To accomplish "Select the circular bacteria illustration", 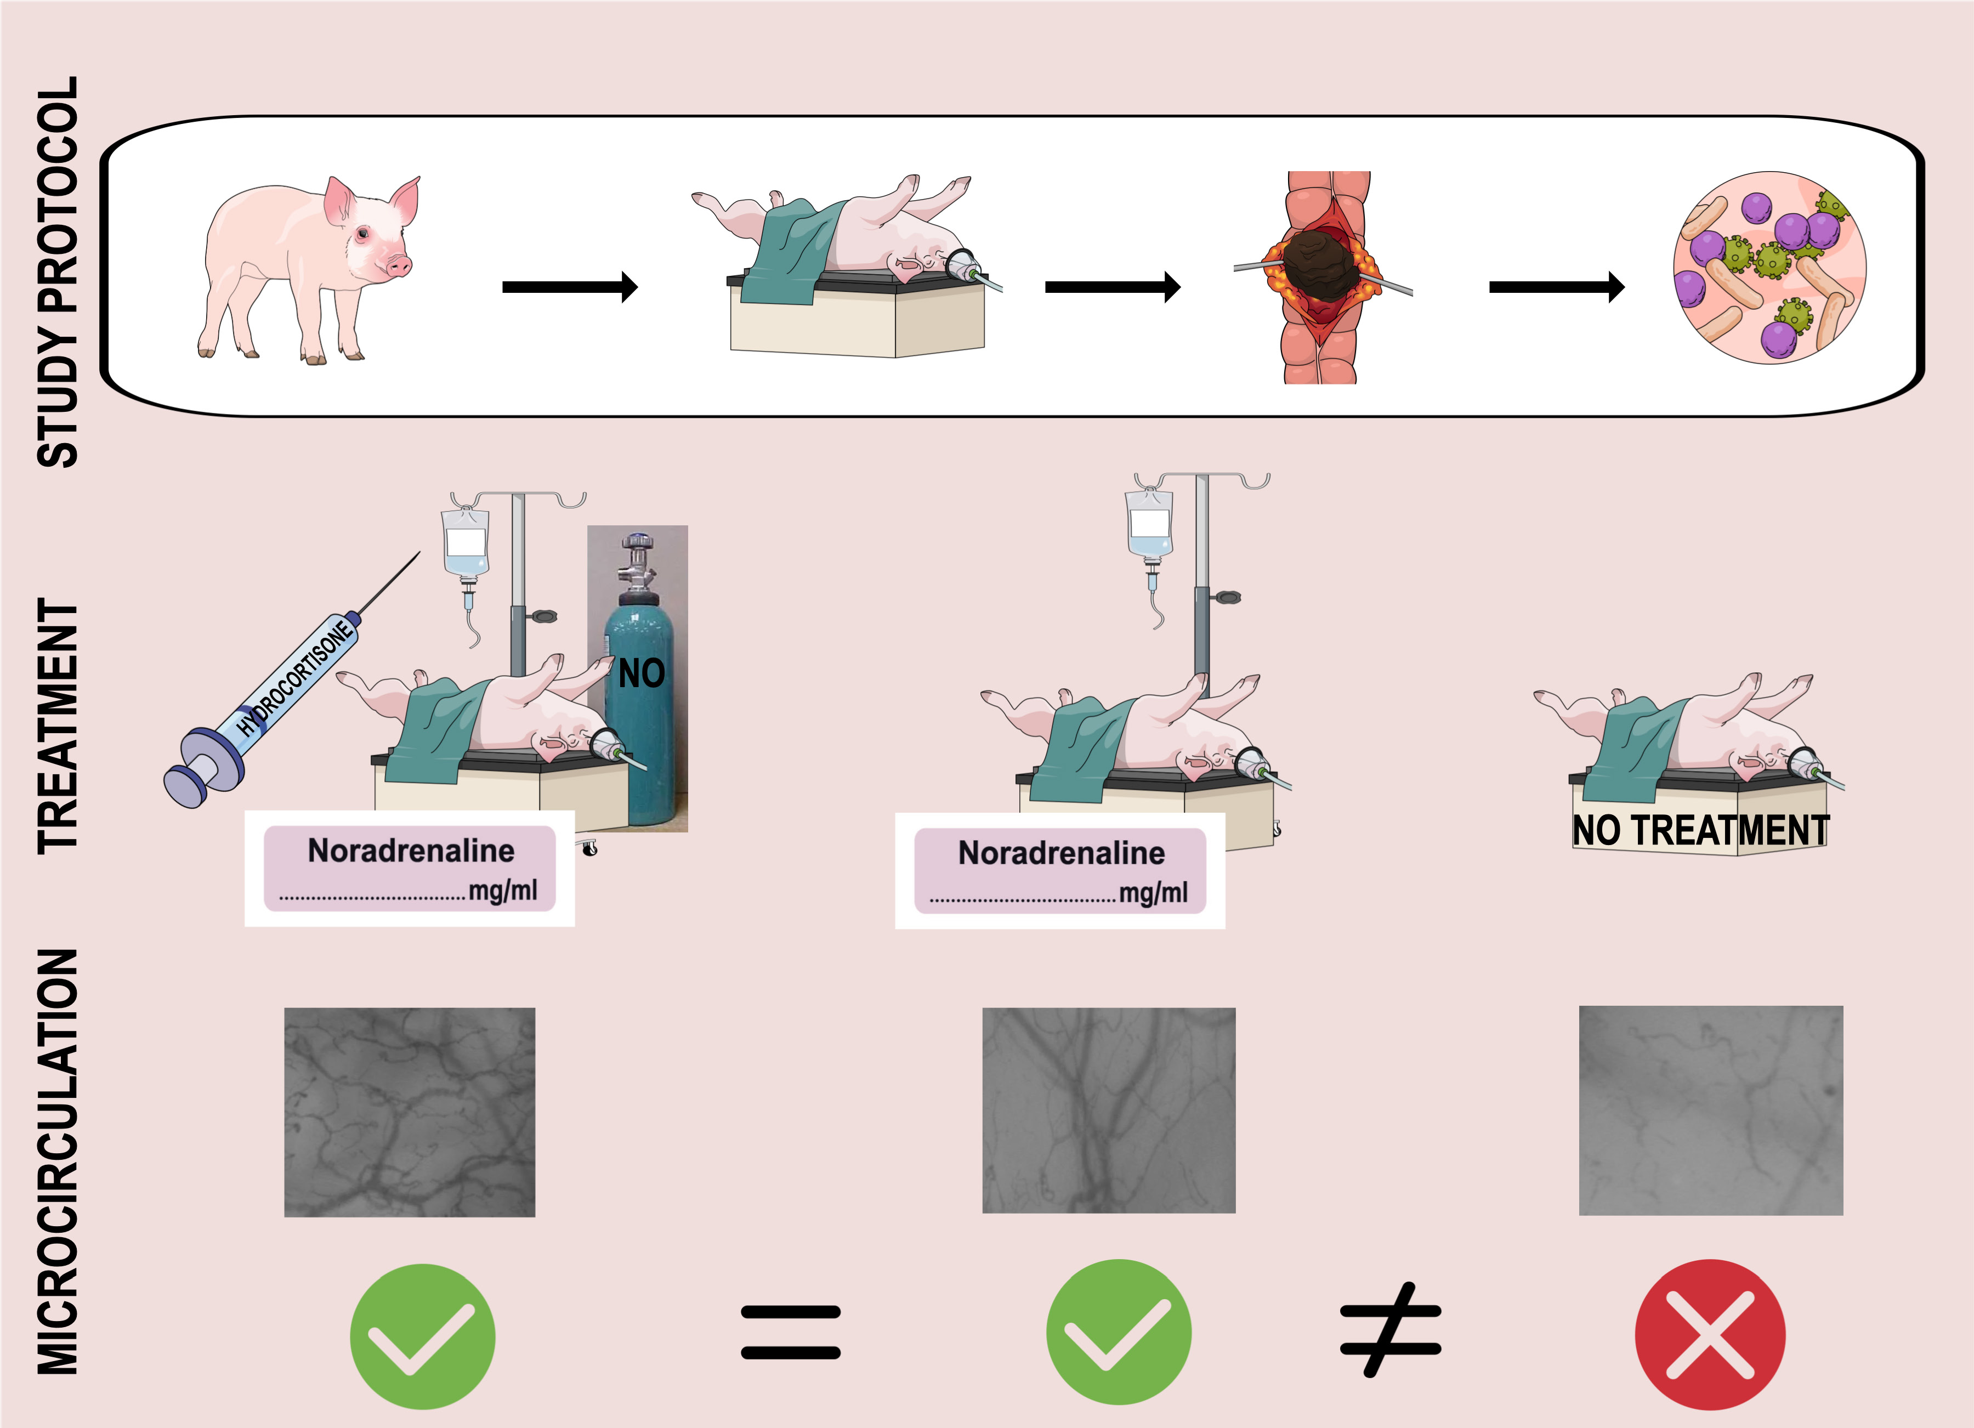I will point(1768,267).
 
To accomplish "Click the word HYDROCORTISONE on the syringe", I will point(297,679).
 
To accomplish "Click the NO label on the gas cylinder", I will point(642,673).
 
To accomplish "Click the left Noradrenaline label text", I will point(411,850).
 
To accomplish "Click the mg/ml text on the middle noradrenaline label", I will point(1153,892).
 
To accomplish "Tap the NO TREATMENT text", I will point(1700,830).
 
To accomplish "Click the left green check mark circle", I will point(423,1336).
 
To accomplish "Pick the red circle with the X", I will point(1709,1334).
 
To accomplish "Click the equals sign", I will point(790,1331).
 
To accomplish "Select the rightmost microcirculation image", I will point(1710,1110).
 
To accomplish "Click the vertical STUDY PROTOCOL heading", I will point(58,271).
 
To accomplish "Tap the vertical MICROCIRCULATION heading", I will point(58,1161).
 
